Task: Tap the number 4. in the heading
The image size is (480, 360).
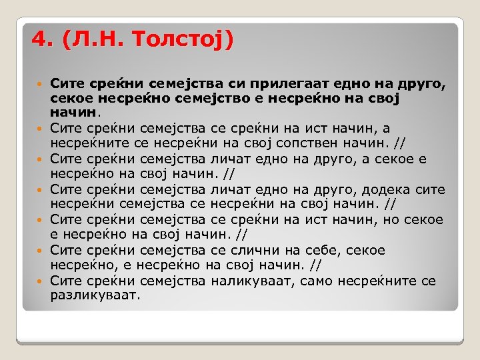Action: pos(42,39)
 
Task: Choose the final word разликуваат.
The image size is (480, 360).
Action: pos(95,294)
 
